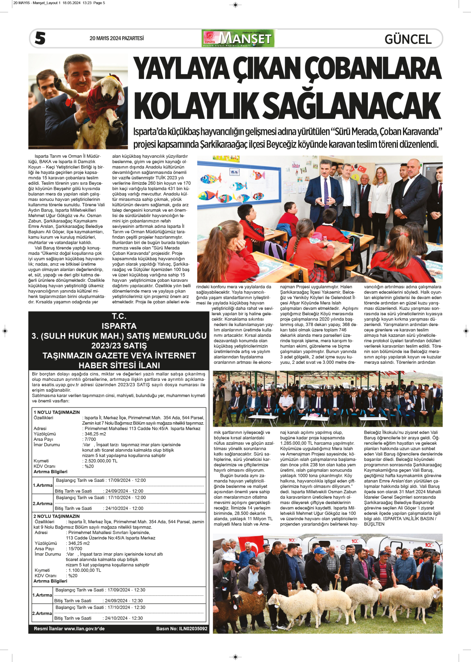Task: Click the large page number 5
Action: pyautogui.click(x=40, y=38)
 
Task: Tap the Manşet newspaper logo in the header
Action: pyautogui.click(x=238, y=38)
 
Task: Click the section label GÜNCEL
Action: pyautogui.click(x=408, y=39)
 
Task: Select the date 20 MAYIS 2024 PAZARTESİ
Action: pyautogui.click(x=116, y=38)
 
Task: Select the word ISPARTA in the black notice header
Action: pyautogui.click(x=119, y=326)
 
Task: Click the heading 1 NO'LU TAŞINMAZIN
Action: pyautogui.click(x=57, y=412)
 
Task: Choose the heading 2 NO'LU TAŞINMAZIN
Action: pyautogui.click(x=56, y=516)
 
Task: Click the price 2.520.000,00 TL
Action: pyautogui.click(x=101, y=461)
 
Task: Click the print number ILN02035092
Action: pyautogui.click(x=193, y=629)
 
